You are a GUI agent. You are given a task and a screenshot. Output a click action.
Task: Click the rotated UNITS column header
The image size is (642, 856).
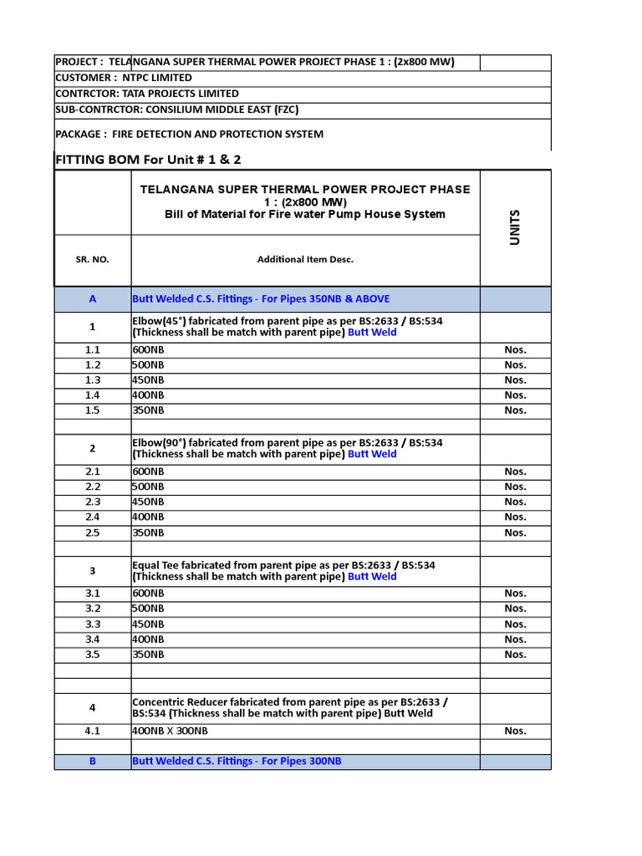[515, 227]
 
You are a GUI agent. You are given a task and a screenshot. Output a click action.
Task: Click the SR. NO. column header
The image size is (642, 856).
[92, 259]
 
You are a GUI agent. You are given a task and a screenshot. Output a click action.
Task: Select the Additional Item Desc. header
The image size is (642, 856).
[305, 259]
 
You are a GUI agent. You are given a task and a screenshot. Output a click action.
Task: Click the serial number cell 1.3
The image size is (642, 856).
[92, 380]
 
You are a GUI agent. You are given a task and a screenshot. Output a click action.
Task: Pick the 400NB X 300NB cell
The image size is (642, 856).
[171, 731]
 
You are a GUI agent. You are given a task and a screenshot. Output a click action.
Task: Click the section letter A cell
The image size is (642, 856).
[92, 299]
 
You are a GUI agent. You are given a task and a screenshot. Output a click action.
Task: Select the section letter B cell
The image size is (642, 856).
[92, 762]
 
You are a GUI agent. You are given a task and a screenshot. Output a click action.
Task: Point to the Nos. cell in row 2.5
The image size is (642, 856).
[515, 532]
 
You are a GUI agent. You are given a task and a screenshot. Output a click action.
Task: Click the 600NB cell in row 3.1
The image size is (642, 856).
[149, 594]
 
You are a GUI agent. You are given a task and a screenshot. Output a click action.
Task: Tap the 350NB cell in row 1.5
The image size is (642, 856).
[149, 410]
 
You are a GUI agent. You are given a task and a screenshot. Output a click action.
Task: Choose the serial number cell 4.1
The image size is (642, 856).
[92, 731]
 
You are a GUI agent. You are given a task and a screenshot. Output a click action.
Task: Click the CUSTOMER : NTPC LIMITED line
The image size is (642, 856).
[124, 78]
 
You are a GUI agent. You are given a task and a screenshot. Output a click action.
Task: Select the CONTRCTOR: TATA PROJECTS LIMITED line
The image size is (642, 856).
[147, 94]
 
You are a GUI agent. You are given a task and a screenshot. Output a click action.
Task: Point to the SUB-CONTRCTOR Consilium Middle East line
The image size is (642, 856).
[176, 110]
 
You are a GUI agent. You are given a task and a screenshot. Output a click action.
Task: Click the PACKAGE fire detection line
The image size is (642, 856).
[189, 134]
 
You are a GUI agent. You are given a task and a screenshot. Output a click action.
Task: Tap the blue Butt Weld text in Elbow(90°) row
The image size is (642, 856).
[372, 455]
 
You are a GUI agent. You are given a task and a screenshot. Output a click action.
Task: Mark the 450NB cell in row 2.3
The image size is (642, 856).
[149, 502]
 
